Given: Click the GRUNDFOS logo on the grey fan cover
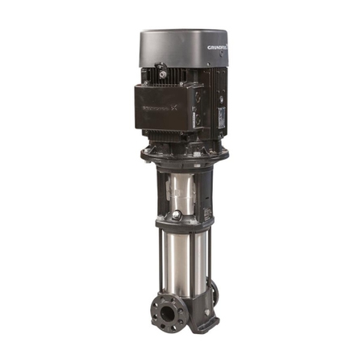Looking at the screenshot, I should coord(216,48).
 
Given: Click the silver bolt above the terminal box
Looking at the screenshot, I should coord(162,73).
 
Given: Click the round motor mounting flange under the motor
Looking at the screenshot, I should coord(184,152).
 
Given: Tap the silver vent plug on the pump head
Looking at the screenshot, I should coord(177,215).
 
